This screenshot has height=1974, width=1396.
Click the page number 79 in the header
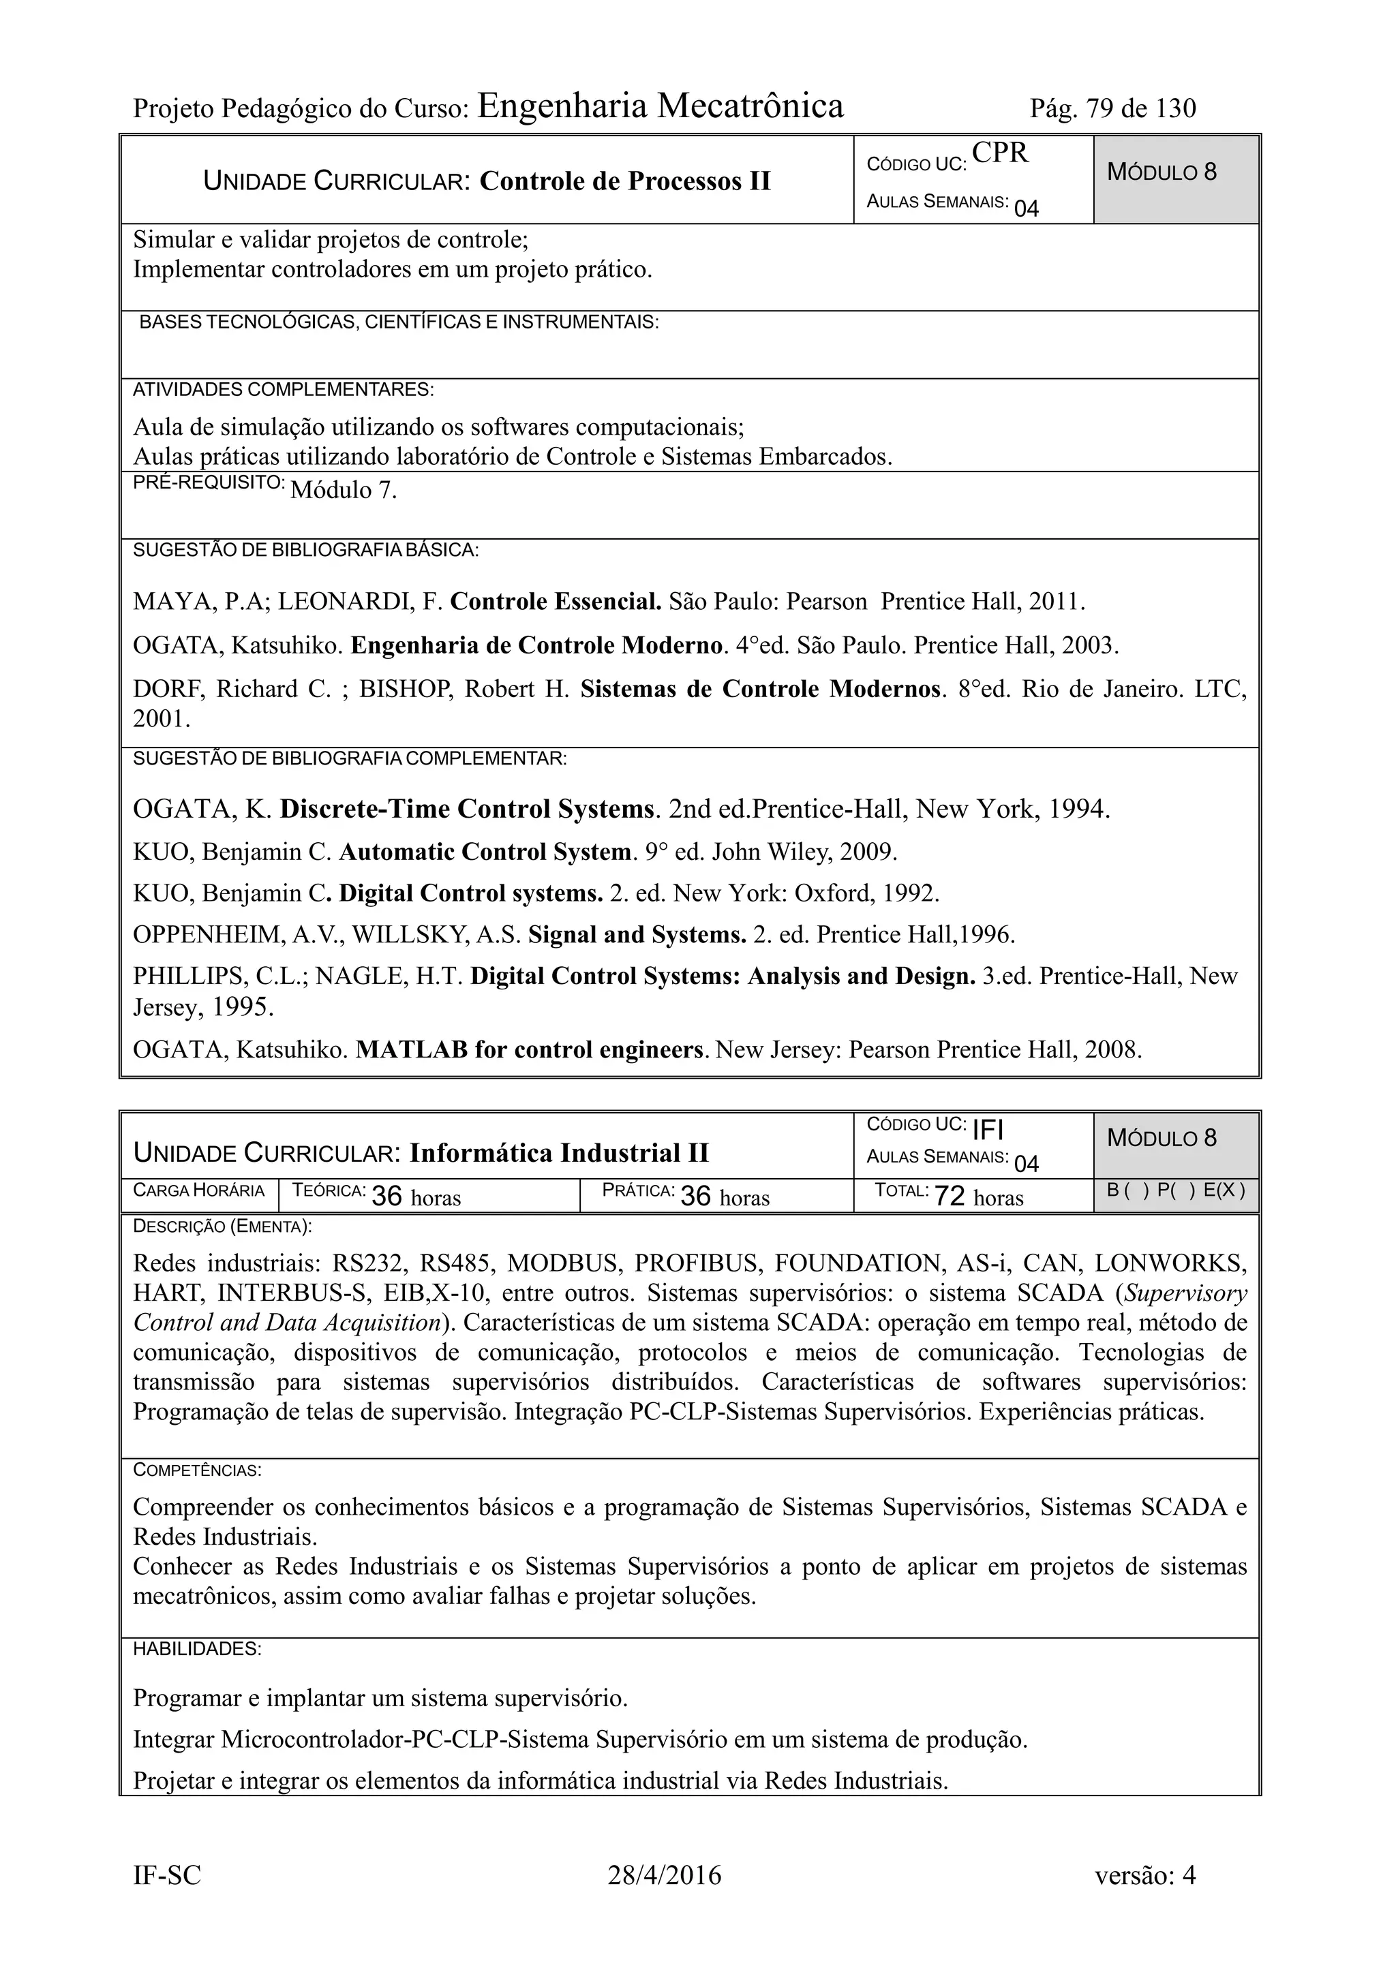[1098, 108]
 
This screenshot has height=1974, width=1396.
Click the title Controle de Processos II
[624, 181]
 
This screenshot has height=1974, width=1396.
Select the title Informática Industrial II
[559, 1153]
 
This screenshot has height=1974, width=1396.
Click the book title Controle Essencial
[556, 602]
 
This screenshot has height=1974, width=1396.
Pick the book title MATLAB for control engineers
[530, 1050]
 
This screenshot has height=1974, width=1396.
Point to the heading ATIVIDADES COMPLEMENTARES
[283, 390]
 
